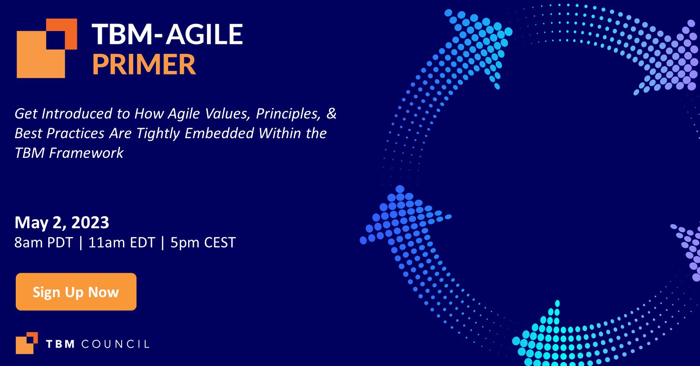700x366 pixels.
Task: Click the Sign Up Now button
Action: tap(76, 292)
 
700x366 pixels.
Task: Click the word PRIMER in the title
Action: tap(144, 65)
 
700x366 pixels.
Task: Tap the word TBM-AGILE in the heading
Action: tap(167, 35)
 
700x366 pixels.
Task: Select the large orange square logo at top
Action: tap(46, 48)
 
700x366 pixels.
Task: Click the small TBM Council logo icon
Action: tap(27, 343)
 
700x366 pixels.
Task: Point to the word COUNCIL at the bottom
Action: tap(115, 344)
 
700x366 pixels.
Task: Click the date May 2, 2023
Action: tap(62, 223)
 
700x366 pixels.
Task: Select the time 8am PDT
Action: tap(43, 243)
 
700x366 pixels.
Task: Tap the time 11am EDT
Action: tap(122, 243)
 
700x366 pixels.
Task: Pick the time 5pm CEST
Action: tap(203, 243)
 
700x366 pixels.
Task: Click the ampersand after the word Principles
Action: tap(332, 114)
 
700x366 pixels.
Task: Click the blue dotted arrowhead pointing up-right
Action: tap(479, 42)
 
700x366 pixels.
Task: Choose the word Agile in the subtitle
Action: tap(184, 114)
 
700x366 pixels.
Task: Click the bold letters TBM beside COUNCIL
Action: tap(60, 344)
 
